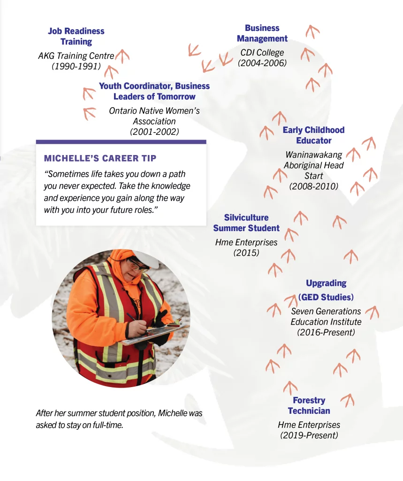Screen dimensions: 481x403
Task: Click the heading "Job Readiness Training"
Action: coord(76,36)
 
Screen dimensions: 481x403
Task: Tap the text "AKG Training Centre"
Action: coord(76,56)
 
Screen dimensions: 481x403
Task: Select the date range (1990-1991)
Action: coord(76,66)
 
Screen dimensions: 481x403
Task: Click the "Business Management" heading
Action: coord(262,33)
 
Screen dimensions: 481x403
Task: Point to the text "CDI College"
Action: coord(262,53)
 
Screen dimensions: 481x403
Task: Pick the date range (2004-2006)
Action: coord(262,63)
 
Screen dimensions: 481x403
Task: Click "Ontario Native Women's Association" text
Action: coord(154,116)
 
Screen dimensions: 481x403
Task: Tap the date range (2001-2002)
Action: coord(154,132)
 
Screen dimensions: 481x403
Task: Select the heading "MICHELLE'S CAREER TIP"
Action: coord(100,158)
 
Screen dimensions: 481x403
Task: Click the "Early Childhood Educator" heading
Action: coord(313,135)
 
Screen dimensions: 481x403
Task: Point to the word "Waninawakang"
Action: coord(313,155)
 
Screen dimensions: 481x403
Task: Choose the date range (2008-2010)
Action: coord(313,186)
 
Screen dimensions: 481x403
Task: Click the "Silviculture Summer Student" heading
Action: coord(246,223)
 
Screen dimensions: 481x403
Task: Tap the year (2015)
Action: coord(246,253)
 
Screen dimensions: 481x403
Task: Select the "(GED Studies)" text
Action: coord(326,297)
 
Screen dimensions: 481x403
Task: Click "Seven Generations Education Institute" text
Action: coord(326,317)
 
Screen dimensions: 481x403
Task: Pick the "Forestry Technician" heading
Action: coord(309,405)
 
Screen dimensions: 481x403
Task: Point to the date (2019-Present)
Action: coord(309,435)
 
